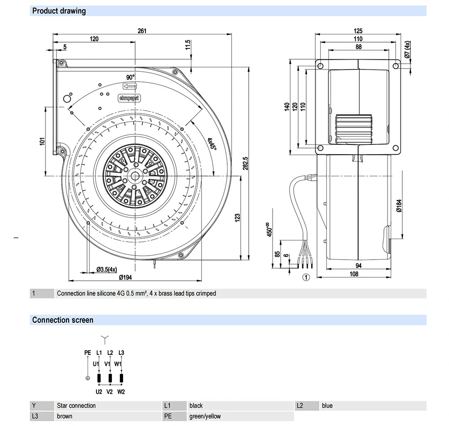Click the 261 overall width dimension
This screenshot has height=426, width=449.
tap(142, 31)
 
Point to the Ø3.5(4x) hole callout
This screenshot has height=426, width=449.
tap(106, 270)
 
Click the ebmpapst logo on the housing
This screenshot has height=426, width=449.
tap(129, 97)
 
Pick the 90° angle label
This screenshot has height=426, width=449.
tap(130, 77)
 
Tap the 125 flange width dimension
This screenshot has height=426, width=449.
tap(358, 31)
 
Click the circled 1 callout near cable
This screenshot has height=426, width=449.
tap(306, 278)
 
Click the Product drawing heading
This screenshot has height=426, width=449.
tap(59, 11)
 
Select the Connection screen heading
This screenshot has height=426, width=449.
tap(63, 320)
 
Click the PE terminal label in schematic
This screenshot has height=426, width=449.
tap(88, 353)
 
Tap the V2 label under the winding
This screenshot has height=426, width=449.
tap(110, 392)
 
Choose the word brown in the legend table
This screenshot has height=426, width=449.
tap(65, 416)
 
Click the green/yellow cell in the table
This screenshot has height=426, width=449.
tap(205, 416)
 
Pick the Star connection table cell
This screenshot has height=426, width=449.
tap(76, 406)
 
